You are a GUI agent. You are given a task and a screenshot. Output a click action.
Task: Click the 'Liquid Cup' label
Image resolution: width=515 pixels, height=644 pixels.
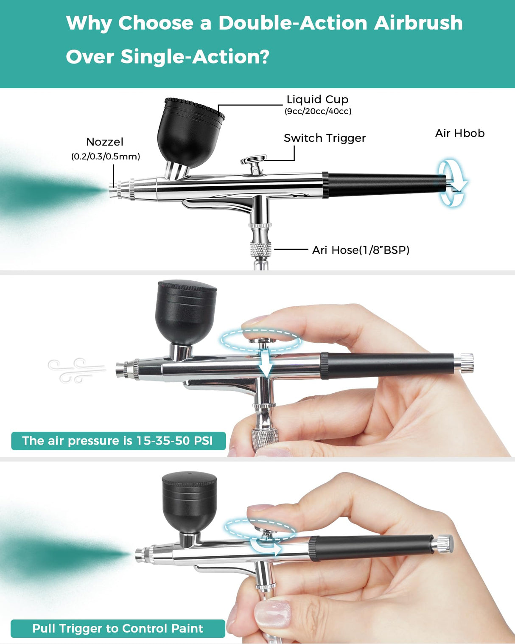(x=317, y=99)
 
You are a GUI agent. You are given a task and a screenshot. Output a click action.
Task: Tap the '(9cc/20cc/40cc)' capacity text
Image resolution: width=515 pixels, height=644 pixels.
(x=318, y=111)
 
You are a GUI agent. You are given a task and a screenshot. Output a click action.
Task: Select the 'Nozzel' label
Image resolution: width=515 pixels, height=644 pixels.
(x=105, y=142)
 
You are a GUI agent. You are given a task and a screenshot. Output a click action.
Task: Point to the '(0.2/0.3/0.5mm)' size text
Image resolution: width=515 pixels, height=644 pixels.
(x=106, y=157)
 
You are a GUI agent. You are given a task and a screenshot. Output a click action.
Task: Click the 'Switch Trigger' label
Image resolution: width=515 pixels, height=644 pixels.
(x=325, y=138)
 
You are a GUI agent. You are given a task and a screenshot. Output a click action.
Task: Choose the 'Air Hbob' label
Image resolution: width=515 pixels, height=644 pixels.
(x=459, y=133)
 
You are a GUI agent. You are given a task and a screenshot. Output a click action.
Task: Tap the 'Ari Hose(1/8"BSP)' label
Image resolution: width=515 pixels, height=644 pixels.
(x=361, y=250)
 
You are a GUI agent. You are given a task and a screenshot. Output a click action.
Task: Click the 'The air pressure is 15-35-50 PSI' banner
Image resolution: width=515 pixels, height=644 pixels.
(x=118, y=441)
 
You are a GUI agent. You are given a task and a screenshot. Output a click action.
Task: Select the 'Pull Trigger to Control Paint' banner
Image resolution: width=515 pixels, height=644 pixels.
(x=118, y=628)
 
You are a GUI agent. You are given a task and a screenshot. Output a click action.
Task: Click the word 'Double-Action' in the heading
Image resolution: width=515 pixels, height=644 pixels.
(x=292, y=23)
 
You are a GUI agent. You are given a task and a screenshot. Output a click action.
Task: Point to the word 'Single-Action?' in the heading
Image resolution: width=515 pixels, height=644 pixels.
(x=195, y=57)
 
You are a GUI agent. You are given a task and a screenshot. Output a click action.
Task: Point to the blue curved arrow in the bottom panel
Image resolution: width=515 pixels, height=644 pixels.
(x=267, y=547)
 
